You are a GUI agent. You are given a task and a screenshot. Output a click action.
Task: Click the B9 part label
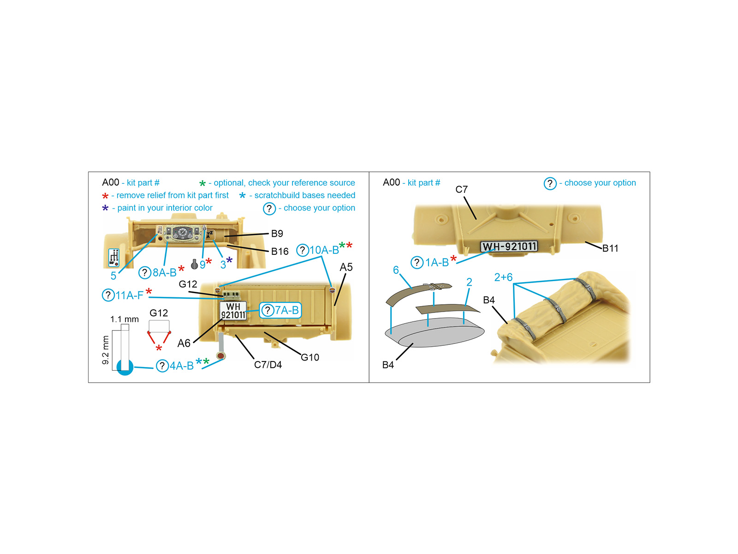click(277, 234)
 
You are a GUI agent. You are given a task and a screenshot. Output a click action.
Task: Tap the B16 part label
click(280, 251)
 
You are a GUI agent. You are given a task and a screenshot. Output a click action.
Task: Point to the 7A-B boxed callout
click(280, 310)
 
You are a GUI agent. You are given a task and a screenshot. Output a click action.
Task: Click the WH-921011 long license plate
click(509, 247)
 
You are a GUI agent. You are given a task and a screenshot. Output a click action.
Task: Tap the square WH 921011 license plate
click(233, 310)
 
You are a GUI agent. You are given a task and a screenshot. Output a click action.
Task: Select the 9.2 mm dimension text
click(106, 350)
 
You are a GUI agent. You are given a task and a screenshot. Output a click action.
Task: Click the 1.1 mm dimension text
click(125, 319)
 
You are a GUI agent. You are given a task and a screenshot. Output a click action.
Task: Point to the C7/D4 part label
click(268, 365)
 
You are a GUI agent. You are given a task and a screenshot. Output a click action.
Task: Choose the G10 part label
click(309, 357)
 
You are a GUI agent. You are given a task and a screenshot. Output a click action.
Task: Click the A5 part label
click(346, 267)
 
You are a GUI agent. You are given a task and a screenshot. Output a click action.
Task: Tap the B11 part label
click(610, 248)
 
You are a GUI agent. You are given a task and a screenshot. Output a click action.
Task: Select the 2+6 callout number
click(503, 277)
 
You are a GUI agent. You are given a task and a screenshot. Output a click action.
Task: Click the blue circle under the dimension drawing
click(125, 367)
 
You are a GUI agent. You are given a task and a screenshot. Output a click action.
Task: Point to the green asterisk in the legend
click(202, 183)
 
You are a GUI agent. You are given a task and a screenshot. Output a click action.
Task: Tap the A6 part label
click(184, 343)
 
